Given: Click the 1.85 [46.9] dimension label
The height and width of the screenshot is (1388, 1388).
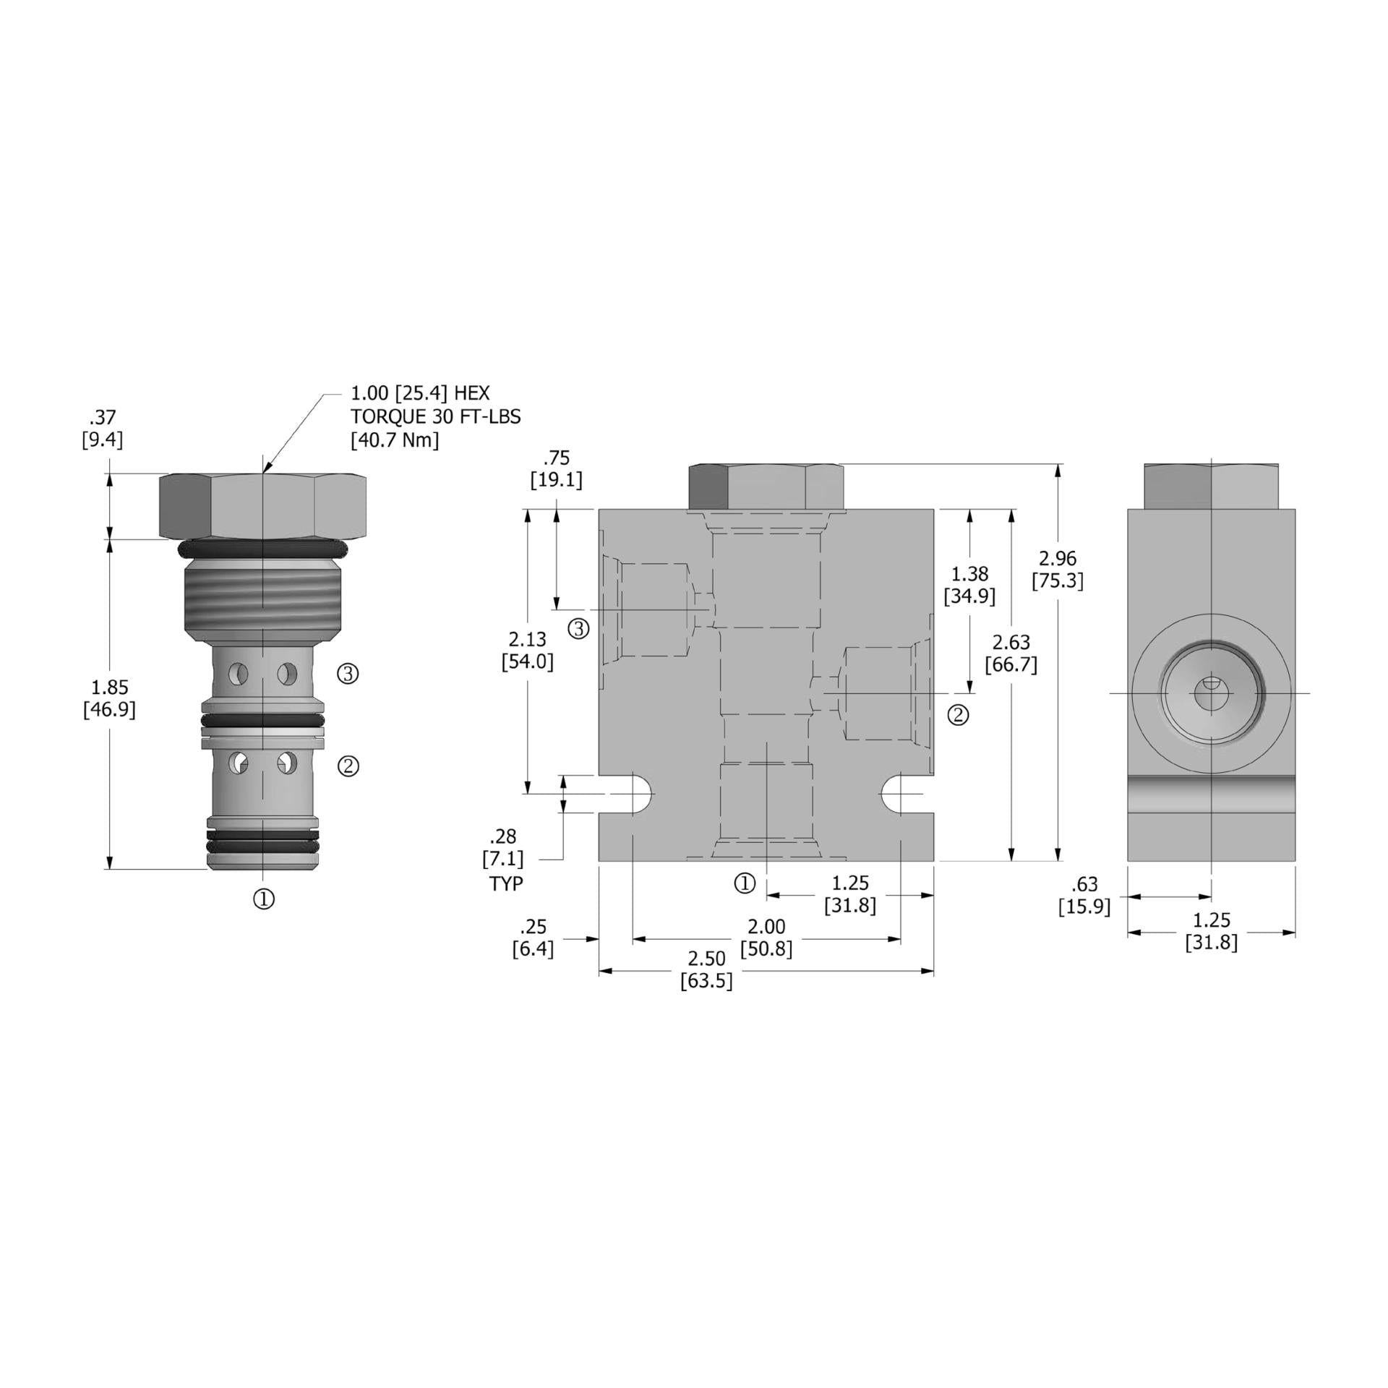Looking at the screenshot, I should pos(109,698).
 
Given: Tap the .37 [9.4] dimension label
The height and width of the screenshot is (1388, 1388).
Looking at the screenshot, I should pos(102,428).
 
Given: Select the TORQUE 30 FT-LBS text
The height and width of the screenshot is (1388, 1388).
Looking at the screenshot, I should pos(435,416).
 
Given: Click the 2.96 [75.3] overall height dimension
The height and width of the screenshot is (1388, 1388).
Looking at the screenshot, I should pos(1057,569).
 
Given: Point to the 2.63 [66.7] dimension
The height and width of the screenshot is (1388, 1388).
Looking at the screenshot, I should pos(1011,653).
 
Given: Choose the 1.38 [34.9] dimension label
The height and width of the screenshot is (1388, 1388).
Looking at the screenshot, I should pos(969,585).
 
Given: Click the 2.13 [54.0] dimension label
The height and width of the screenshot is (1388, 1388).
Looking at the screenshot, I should pos(528,650).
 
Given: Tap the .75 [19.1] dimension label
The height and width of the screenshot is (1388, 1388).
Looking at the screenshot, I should pos(556,468).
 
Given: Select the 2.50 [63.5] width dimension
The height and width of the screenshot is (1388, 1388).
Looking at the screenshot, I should pos(706,969).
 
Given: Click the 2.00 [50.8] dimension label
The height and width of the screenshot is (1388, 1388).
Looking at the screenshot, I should pos(766,937).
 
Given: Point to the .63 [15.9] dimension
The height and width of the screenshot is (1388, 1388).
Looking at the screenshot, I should pos(1084,895).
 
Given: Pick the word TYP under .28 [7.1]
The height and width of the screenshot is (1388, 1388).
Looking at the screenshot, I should pos(505,883).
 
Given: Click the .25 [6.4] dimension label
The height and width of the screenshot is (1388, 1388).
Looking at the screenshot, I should pos(533,937).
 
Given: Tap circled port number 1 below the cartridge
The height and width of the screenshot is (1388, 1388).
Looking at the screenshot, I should pos(264,899).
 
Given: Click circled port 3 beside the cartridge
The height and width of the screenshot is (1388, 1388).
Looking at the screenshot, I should pos(348,674).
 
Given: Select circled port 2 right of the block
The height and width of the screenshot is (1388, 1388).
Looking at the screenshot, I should pos(958,715).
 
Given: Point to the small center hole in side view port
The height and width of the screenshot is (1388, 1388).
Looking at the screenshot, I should pos(1210,693).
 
